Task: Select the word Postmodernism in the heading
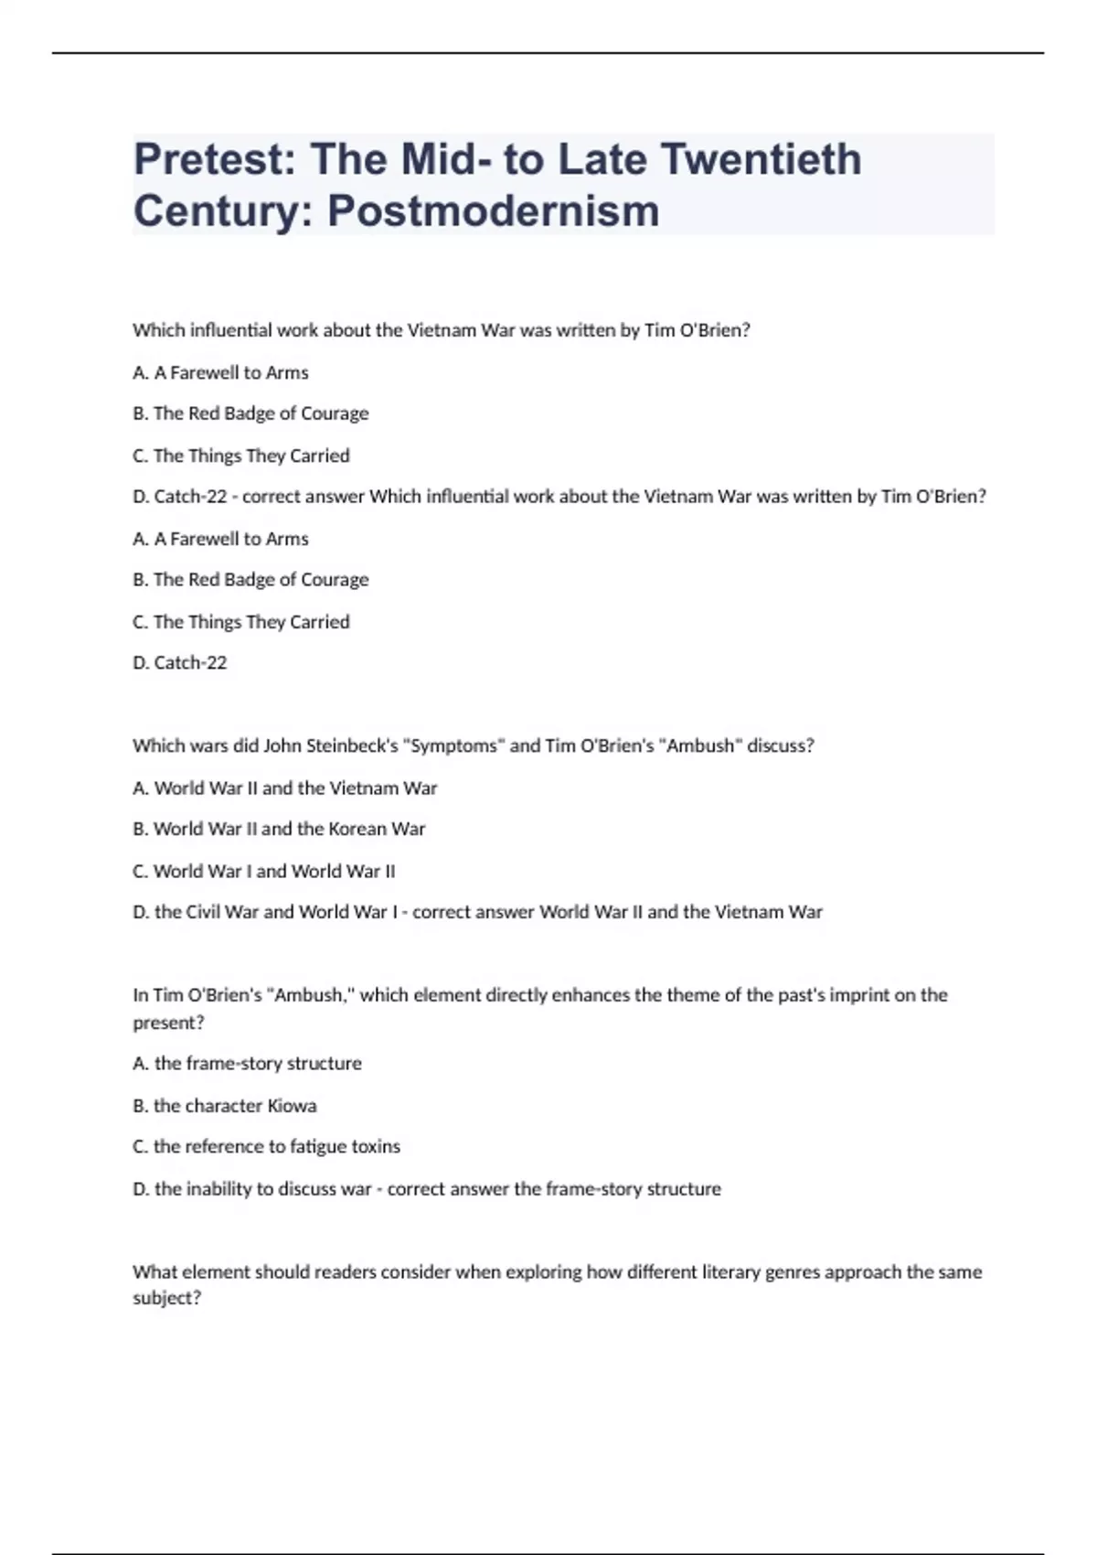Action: pos(493,210)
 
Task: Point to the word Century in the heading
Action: pos(223,210)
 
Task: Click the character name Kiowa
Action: pos(292,1106)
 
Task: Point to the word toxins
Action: pos(376,1146)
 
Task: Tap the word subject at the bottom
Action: pos(166,1298)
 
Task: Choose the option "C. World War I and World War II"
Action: pos(263,871)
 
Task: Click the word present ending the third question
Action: pos(168,1023)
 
